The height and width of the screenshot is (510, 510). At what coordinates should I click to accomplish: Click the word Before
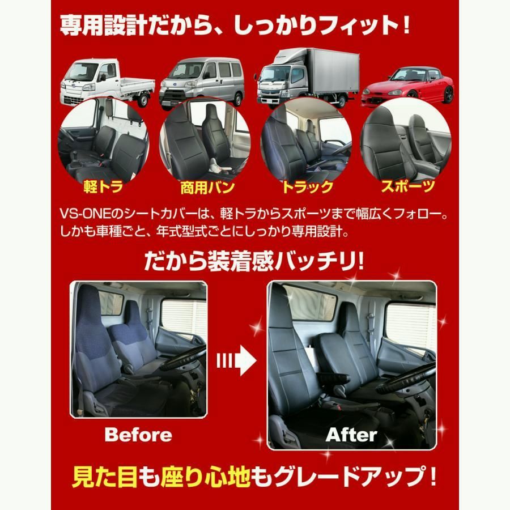pyautogui.click(x=138, y=435)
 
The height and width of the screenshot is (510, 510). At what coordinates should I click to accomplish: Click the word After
pyautogui.click(x=351, y=435)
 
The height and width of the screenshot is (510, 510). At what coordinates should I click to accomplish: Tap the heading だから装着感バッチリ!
pyautogui.click(x=255, y=261)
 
